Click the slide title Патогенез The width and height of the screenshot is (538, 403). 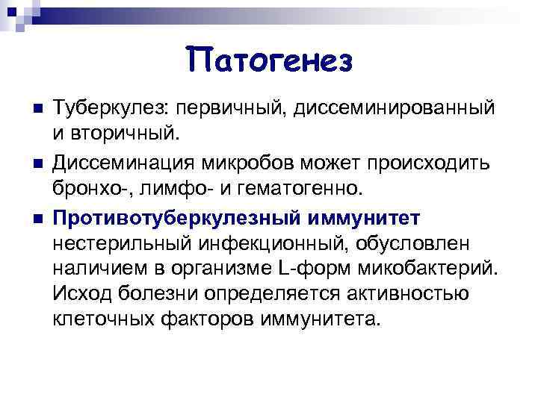tap(269, 59)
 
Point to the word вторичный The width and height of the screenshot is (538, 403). tap(123, 134)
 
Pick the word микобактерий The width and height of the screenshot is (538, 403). tap(422, 268)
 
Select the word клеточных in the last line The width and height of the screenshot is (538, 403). tap(101, 320)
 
